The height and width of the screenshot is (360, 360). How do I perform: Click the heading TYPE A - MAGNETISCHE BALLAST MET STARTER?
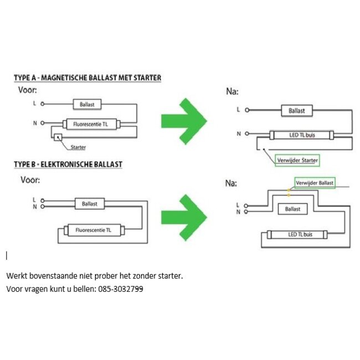click(88, 78)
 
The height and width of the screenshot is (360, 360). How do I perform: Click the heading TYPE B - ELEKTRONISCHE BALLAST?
click(68, 164)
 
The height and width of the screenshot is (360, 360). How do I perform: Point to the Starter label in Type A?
click(79, 147)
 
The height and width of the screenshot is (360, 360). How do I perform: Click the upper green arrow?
click(183, 120)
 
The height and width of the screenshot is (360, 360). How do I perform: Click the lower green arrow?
click(183, 215)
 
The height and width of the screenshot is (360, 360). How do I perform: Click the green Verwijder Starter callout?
click(297, 160)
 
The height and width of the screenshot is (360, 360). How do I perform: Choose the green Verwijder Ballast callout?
click(315, 183)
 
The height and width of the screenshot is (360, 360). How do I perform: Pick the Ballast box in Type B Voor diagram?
click(90, 204)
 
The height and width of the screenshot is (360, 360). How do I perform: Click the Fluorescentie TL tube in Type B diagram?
click(92, 229)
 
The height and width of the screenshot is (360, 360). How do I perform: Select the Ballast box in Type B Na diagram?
click(292, 209)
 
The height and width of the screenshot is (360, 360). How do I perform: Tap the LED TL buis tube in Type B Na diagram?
click(300, 235)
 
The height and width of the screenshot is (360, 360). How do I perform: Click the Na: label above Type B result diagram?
click(232, 183)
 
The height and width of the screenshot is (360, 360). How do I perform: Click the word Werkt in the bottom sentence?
click(16, 275)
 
